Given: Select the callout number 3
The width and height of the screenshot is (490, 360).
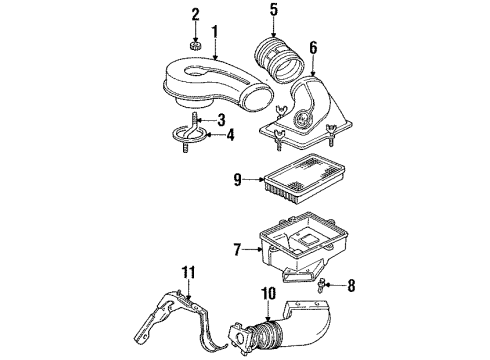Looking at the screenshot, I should pos(232,121).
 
